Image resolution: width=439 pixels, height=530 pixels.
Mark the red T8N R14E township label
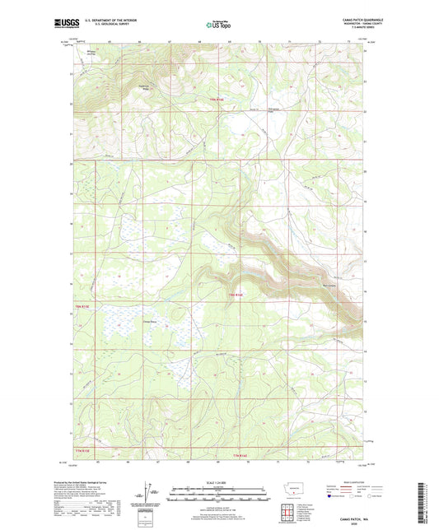point(237,294)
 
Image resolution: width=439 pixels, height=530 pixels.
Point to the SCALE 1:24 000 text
point(219,482)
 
